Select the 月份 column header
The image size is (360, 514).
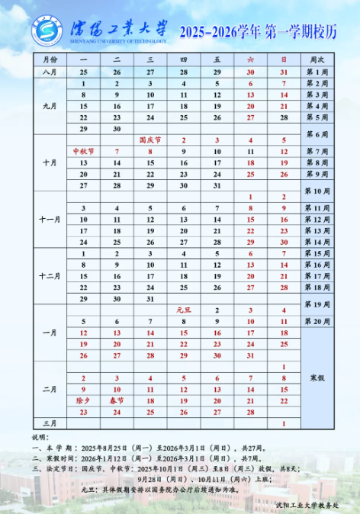pyautogui.click(x=50, y=59)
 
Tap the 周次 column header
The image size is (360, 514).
pyautogui.click(x=317, y=59)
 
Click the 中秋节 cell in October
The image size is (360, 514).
pyautogui.click(x=83, y=152)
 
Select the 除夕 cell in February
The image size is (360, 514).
pyautogui.click(x=83, y=400)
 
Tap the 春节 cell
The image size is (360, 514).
pyautogui.click(x=117, y=400)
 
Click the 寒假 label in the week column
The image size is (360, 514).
pyautogui.click(x=317, y=378)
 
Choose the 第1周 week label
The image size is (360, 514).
pyautogui.click(x=317, y=71)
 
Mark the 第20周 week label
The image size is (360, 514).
pyautogui.click(x=317, y=322)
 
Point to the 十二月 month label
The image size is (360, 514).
pyautogui.click(x=50, y=276)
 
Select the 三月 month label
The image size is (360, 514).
pyautogui.click(x=50, y=423)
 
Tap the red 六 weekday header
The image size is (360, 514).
pyautogui.click(x=250, y=59)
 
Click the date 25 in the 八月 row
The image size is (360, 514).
pyautogui.click(x=83, y=71)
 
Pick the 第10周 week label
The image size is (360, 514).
pyautogui.click(x=317, y=191)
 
